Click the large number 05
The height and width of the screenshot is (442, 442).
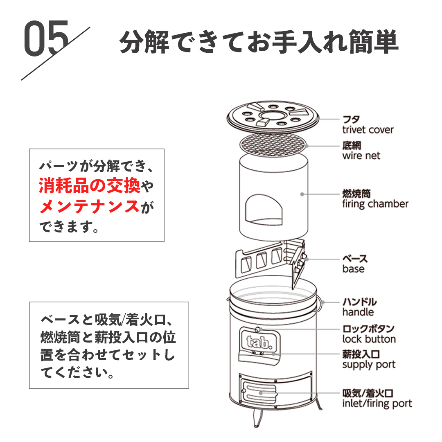(x=46, y=39)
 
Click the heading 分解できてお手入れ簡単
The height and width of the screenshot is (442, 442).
(x=259, y=41)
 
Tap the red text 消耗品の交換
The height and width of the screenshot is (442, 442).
(x=89, y=187)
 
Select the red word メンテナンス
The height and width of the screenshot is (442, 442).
(x=89, y=206)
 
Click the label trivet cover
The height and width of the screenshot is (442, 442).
(x=368, y=130)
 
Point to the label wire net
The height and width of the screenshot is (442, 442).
(x=361, y=156)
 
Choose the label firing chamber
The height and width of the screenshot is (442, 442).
(x=375, y=204)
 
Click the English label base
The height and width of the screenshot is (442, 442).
(x=353, y=269)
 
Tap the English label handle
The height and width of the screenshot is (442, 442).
(x=358, y=312)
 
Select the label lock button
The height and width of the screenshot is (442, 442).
(x=369, y=339)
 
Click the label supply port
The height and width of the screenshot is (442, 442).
(x=369, y=365)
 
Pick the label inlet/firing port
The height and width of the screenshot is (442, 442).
(x=377, y=404)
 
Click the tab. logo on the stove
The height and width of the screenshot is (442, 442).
(x=258, y=341)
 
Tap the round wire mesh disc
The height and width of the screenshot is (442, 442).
(x=273, y=144)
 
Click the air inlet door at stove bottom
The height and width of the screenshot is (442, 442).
(x=260, y=392)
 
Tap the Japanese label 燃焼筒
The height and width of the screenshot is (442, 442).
(x=356, y=194)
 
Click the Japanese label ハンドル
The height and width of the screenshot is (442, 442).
(x=359, y=302)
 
